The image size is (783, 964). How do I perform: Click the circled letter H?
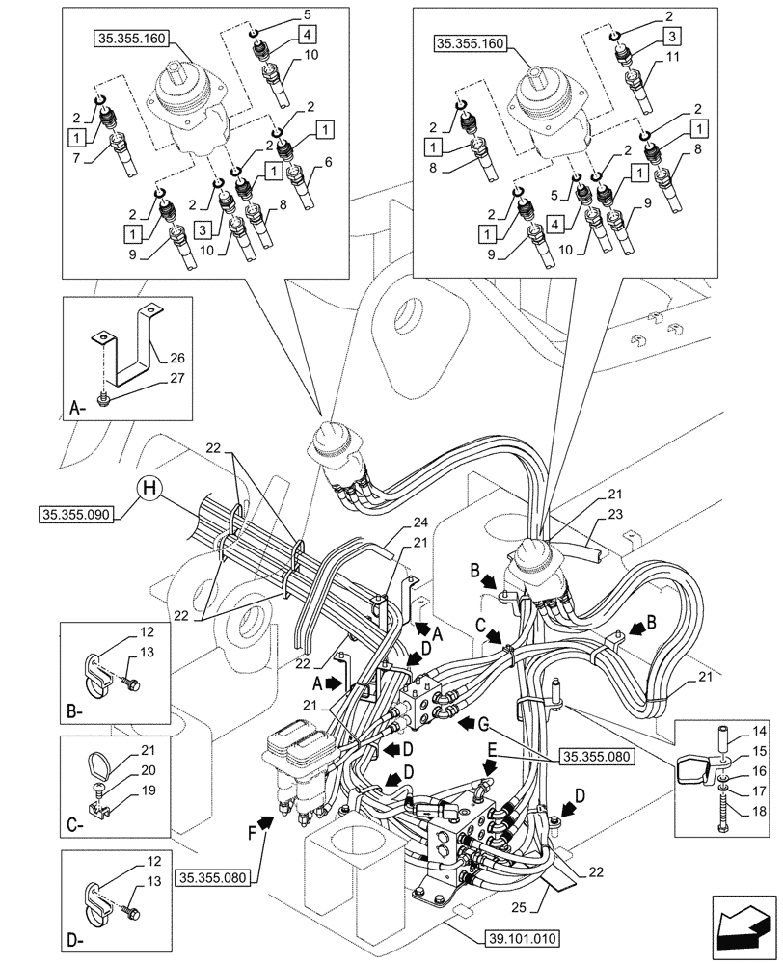[x=149, y=490]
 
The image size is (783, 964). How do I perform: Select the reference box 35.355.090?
[x=76, y=515]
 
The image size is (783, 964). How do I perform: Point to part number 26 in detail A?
[x=175, y=357]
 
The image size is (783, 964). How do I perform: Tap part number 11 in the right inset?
[x=671, y=57]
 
